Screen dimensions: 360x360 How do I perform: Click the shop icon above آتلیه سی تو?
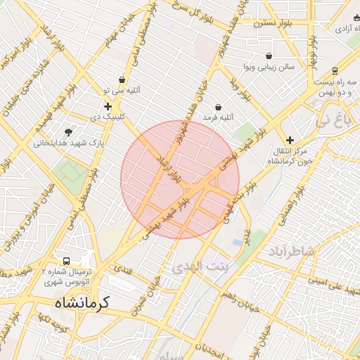(122, 80)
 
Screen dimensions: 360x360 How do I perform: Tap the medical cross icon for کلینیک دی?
(108, 106)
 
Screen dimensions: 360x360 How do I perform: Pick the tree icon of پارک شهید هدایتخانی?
(68, 131)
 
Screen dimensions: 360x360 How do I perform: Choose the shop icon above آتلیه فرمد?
(218, 107)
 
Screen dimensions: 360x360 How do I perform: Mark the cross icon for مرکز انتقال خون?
(290, 140)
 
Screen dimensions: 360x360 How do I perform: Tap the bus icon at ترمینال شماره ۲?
(66, 261)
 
